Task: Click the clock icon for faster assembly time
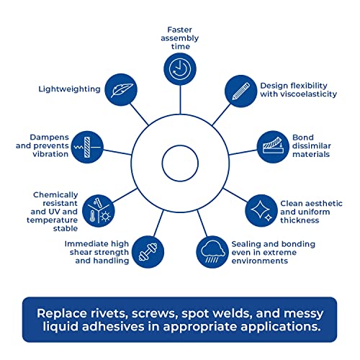[x=180, y=69]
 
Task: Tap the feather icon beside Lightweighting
[x=121, y=90]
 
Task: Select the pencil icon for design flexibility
[x=241, y=91]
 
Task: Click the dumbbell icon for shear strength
[x=148, y=252]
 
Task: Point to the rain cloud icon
[x=212, y=252]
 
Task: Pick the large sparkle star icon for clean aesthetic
[x=260, y=210]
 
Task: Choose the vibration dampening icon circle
[x=87, y=147]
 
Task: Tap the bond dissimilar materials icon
[x=273, y=147]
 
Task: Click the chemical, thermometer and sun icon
[x=99, y=211]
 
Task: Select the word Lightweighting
[x=69, y=89]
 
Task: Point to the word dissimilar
[x=312, y=145]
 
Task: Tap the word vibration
[x=50, y=154]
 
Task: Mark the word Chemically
[x=55, y=195]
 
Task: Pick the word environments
[x=260, y=261]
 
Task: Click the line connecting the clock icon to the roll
[x=180, y=99]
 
